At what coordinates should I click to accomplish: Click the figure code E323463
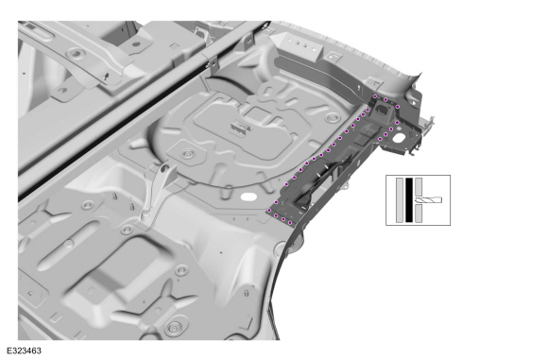pos(24,351)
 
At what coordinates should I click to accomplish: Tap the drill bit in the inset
pos(428,200)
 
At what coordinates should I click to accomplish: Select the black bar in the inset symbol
pos(409,200)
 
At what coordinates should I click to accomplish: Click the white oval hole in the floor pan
pos(248,197)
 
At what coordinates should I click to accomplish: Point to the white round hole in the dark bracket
pos(398,139)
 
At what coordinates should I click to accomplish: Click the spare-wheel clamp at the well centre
pos(240,127)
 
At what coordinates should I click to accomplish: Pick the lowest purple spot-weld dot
pos(290,223)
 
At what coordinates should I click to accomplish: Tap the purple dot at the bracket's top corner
pos(375,96)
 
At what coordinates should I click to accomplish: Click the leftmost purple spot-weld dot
pos(269,210)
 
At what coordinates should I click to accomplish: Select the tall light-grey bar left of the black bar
pos(400,200)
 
